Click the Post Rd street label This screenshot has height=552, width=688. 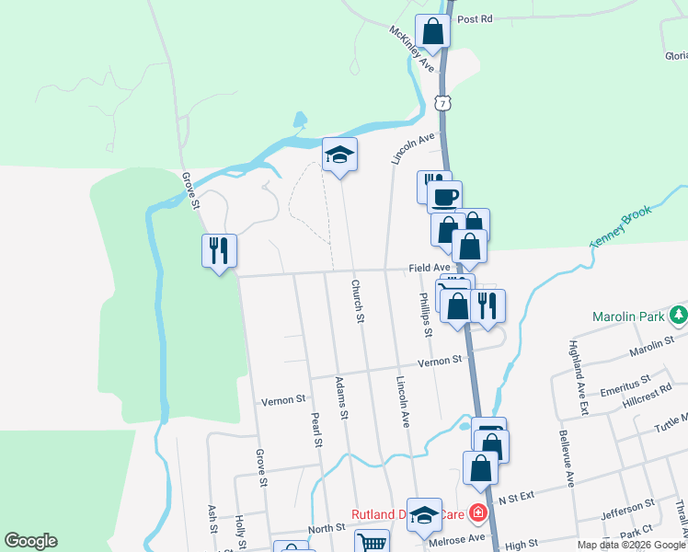(475, 18)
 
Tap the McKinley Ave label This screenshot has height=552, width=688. (411, 49)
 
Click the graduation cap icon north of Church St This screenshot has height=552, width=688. (339, 155)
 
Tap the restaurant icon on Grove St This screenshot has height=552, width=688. (220, 249)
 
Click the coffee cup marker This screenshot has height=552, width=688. (444, 196)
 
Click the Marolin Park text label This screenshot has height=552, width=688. (628, 316)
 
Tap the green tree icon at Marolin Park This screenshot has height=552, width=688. (679, 316)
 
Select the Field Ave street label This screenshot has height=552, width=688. (430, 268)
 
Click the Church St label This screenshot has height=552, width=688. (357, 302)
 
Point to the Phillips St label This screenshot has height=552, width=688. (425, 315)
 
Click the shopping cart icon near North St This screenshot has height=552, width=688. (372, 543)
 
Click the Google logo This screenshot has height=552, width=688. (30, 541)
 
